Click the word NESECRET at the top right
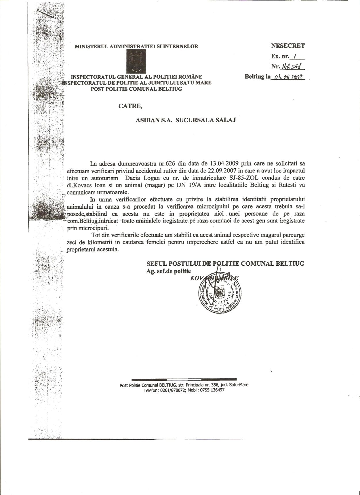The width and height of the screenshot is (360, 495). [x=288, y=45]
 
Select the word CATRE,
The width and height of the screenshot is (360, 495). [x=131, y=106]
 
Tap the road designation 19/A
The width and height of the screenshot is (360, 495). [x=196, y=185]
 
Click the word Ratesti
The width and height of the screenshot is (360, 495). [x=288, y=185]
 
